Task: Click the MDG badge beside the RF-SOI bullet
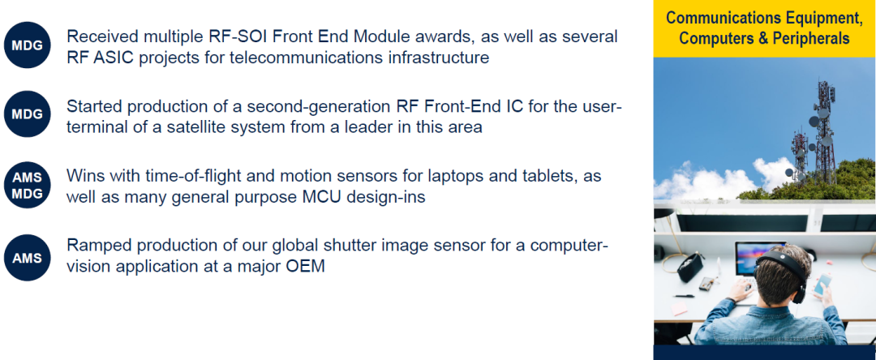(x=28, y=45)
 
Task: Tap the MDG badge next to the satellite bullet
(x=28, y=114)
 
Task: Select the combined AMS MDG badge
(x=28, y=186)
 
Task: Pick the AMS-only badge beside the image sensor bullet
(x=28, y=257)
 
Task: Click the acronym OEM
(x=305, y=266)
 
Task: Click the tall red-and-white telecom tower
(x=824, y=134)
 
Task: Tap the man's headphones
(x=785, y=271)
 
